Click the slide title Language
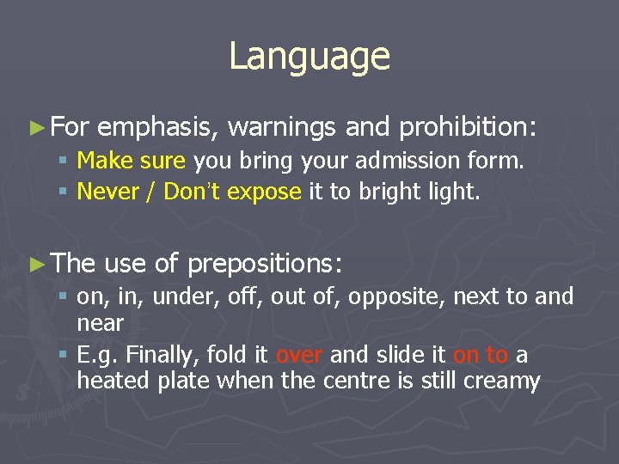(309, 57)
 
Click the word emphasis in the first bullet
(161, 128)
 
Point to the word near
(100, 324)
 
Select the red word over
(299, 355)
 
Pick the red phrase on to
(481, 355)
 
